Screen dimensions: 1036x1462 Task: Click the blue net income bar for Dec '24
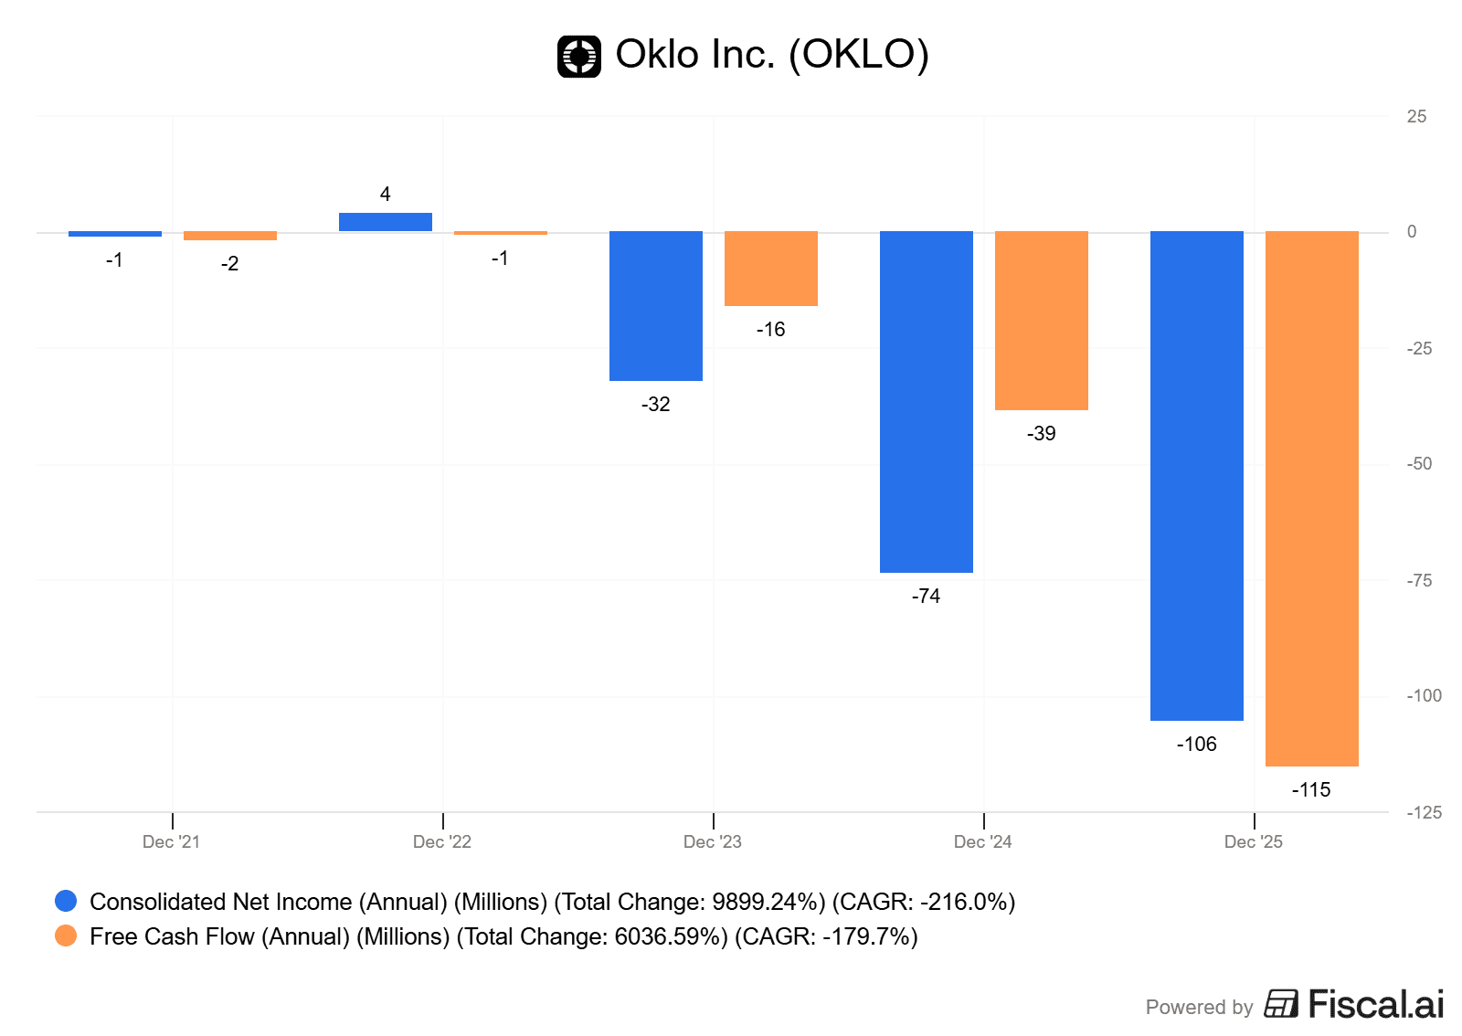(926, 402)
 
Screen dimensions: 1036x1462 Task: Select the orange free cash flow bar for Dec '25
(1311, 498)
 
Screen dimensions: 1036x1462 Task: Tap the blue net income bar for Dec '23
(655, 306)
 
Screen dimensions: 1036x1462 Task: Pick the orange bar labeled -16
(770, 269)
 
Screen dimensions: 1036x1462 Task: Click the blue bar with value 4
(385, 222)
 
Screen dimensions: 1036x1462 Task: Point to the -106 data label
(1196, 744)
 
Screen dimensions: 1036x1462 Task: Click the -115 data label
(1310, 789)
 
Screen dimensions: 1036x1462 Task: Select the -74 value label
(926, 596)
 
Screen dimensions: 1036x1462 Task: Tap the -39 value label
(1041, 433)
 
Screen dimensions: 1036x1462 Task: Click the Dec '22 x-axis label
(441, 841)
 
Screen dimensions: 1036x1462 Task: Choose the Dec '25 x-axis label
(1253, 841)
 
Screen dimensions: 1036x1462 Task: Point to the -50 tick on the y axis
(1419, 464)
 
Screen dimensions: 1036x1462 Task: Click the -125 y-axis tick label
(1424, 812)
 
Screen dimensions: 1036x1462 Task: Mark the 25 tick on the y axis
(1416, 116)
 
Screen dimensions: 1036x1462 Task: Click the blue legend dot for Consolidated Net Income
(66, 901)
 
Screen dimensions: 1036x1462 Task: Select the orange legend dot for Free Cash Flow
(66, 936)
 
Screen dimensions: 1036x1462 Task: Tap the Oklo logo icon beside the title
(578, 57)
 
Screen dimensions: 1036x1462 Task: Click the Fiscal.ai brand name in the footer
(1375, 1004)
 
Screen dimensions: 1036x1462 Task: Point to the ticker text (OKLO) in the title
(859, 54)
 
